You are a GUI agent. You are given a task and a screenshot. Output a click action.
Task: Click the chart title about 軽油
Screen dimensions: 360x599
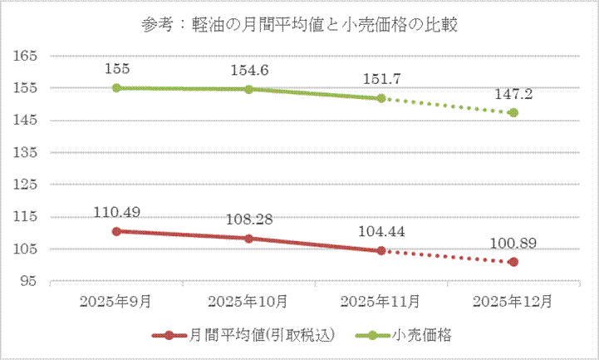(x=300, y=24)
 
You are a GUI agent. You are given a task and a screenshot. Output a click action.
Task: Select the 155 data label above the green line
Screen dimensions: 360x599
(x=116, y=67)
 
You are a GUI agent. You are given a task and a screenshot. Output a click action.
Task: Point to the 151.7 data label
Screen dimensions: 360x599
(x=381, y=79)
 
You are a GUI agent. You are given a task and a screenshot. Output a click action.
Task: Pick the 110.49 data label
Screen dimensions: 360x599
(x=116, y=212)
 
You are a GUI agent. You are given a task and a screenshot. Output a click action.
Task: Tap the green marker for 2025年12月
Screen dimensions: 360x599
(x=513, y=112)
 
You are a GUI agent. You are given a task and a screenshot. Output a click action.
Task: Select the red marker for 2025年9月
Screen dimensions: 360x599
(x=116, y=231)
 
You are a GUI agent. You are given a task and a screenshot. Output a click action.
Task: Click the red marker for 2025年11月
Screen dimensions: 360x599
(x=381, y=250)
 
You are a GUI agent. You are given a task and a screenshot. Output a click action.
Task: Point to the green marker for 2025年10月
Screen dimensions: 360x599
(x=248, y=89)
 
